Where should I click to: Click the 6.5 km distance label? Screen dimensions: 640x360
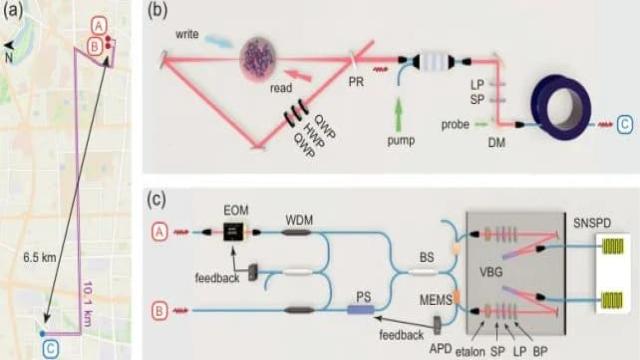40,258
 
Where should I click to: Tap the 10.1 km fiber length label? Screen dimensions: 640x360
87,303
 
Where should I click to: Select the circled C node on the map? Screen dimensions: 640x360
51,349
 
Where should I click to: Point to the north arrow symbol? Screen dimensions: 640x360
9,46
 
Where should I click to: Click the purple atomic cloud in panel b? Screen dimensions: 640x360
258,59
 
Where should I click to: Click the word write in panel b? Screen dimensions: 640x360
187,34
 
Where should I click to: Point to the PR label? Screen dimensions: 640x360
356,82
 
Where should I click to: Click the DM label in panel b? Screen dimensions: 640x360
496,142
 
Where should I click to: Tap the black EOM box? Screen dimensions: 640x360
233,232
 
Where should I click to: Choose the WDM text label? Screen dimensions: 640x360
299,220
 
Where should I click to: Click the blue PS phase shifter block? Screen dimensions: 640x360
361,310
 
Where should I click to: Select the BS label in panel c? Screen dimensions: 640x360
427,258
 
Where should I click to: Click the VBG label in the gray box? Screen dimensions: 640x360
491,272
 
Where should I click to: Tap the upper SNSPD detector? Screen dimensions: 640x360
612,247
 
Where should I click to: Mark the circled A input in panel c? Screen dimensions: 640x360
159,232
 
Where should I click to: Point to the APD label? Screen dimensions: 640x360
440,349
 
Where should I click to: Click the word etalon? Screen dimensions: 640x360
470,351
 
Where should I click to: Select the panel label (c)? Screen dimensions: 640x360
156,200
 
